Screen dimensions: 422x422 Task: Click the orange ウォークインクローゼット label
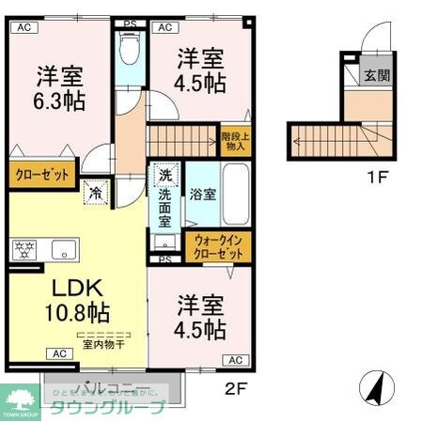(219, 246)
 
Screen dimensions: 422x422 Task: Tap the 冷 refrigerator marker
(96, 194)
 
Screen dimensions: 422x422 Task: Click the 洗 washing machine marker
(164, 176)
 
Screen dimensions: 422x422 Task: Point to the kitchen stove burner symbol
(23, 250)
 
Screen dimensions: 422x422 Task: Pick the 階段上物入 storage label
(234, 141)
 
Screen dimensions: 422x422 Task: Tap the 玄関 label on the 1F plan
(376, 76)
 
